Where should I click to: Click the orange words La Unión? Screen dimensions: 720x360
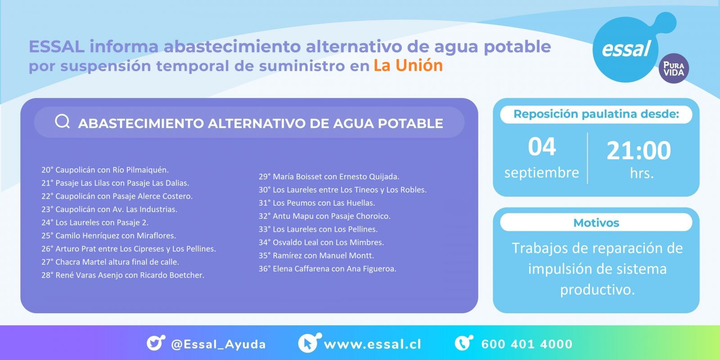click(x=408, y=65)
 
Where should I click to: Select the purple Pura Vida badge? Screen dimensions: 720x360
click(x=674, y=68)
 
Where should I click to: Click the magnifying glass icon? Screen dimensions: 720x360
click(x=63, y=121)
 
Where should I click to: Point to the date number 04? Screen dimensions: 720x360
click(x=542, y=147)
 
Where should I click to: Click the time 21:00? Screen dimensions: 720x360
click(x=639, y=150)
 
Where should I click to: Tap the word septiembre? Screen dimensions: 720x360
click(x=542, y=173)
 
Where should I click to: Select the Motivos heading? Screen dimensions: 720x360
click(x=596, y=223)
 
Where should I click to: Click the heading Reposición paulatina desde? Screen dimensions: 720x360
click(x=596, y=114)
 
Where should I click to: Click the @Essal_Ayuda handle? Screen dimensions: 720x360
click(x=219, y=344)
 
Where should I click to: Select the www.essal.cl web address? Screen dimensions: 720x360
click(x=373, y=344)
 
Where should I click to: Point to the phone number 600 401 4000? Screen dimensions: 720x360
click(x=527, y=344)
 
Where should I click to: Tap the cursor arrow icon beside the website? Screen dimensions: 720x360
click(x=309, y=342)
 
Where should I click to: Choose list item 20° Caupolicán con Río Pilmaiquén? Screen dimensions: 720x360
click(x=105, y=170)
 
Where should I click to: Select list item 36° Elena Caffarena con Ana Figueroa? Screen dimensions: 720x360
click(x=328, y=269)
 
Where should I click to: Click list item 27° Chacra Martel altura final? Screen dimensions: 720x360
click(x=110, y=262)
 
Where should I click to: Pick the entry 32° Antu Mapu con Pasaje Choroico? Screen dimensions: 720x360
click(x=324, y=216)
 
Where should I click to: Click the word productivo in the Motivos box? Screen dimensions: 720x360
click(x=598, y=290)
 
